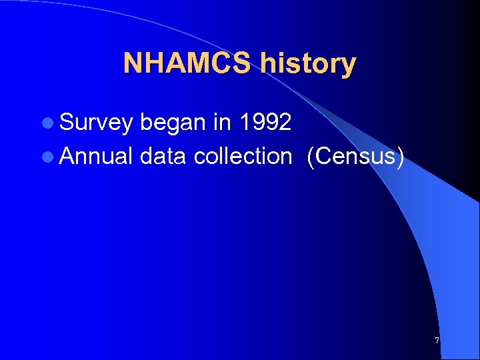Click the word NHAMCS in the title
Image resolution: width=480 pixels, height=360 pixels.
189,63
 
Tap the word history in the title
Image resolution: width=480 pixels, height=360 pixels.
309,64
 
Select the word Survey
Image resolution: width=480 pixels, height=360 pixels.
96,123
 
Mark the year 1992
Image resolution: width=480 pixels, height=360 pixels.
267,122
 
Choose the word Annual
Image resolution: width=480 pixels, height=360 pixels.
97,156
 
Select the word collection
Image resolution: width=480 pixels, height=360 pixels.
243,156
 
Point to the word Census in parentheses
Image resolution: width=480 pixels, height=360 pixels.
354,156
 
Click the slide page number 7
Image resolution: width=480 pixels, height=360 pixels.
437,341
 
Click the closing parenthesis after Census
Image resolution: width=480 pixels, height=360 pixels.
399,157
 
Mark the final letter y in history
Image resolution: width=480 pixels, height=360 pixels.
349,66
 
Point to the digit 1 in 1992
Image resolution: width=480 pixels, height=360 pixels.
247,122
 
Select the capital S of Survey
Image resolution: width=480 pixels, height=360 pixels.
67,123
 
